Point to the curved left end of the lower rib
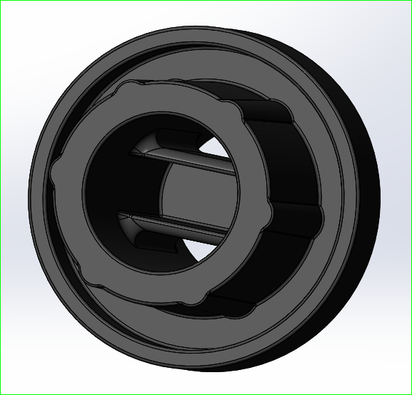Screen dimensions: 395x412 pyautogui.click(x=129, y=227)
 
